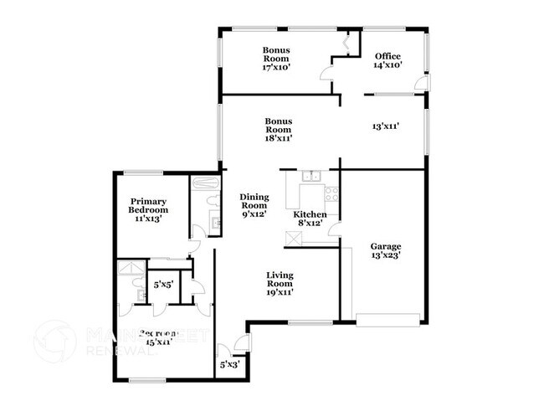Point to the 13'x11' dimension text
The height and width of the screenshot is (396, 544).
385,126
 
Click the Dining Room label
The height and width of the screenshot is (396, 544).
254,205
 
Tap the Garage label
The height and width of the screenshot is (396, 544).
385,251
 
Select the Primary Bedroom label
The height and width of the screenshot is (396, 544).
147,209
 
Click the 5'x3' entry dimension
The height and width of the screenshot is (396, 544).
228,364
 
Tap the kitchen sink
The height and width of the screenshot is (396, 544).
311,176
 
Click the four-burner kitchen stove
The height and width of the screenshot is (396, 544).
331,195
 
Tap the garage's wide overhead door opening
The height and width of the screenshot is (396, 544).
387,318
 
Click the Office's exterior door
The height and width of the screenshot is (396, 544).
424,84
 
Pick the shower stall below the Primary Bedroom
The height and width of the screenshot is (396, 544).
129,270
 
